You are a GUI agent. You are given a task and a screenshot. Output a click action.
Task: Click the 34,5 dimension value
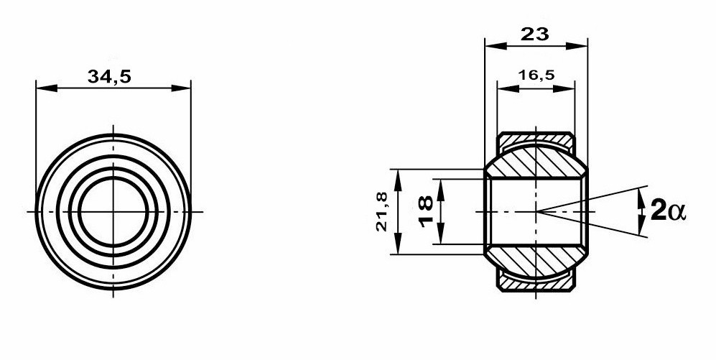pos(109,77)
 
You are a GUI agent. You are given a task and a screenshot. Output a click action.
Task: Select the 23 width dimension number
pos(535,34)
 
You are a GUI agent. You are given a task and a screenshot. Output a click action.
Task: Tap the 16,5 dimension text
pos(536,75)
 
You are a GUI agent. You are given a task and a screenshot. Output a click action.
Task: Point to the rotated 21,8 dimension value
pos(382,211)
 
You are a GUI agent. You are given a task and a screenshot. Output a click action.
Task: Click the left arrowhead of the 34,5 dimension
pos(47,88)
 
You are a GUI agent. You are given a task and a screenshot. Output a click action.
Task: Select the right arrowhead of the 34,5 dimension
pos(180,88)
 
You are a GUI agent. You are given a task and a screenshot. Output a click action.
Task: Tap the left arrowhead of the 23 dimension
pos(496,46)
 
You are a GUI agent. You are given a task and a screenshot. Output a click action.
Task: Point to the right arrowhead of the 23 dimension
pos(576,46)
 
